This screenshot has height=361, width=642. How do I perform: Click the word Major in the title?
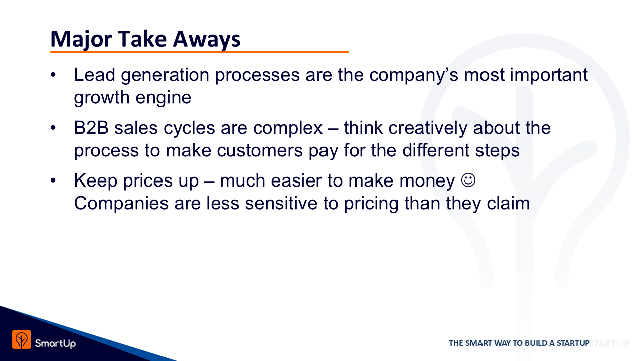81,39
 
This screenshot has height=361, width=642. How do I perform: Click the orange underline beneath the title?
199,52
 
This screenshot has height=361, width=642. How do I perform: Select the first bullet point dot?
53,75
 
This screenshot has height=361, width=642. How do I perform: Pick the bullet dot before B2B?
53,128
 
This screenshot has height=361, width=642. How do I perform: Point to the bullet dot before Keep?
53,180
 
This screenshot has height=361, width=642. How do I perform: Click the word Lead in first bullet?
95,75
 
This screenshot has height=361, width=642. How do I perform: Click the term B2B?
91,128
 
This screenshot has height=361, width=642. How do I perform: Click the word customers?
260,151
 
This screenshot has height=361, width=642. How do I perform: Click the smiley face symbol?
468,180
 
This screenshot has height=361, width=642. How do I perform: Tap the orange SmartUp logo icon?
22,339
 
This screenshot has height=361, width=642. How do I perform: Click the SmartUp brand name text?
55,343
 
